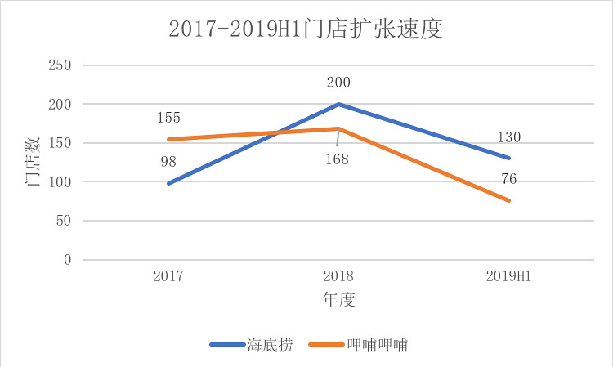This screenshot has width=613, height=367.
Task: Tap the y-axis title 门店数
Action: [x=32, y=162]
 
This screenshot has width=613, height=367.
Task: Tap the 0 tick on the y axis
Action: [x=69, y=260]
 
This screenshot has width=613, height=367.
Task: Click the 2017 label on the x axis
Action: [x=168, y=275]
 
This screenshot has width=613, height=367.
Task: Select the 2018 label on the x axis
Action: [x=338, y=275]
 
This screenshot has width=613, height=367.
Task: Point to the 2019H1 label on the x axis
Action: [x=508, y=275]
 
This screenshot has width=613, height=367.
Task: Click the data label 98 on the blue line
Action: [x=168, y=162]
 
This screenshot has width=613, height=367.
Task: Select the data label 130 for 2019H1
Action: [x=508, y=137]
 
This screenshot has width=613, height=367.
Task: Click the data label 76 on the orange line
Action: [x=508, y=180]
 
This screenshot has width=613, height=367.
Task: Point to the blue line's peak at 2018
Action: [x=338, y=105]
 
